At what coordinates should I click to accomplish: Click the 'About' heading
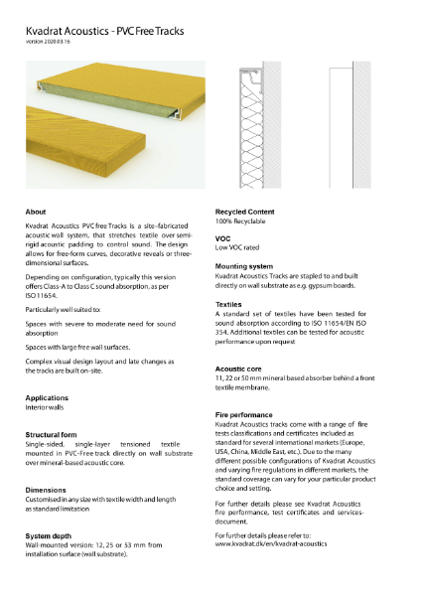(x=36, y=213)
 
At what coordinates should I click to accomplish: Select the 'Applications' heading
(x=47, y=396)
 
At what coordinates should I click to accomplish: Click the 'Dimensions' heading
(x=47, y=489)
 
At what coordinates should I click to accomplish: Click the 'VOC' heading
(x=223, y=239)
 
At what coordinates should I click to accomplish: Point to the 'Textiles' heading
(x=229, y=304)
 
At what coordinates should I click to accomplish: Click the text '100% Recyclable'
(x=243, y=223)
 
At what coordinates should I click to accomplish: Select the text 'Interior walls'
(x=47, y=406)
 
